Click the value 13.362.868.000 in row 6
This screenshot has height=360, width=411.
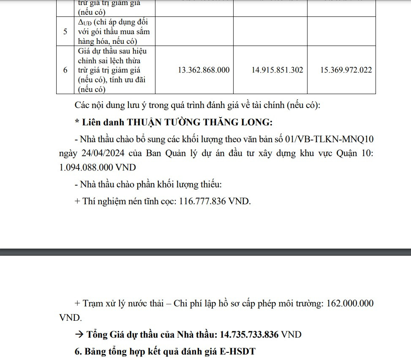point(204,70)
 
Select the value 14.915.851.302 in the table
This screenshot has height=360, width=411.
point(277,70)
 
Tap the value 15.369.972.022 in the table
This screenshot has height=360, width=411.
point(346,70)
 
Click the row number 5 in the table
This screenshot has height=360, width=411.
point(65,31)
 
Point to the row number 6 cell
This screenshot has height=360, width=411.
point(65,70)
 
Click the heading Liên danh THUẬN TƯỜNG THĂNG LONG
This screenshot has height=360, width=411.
point(174,122)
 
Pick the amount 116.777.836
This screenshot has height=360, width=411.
point(203,201)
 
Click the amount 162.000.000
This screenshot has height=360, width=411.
point(350,303)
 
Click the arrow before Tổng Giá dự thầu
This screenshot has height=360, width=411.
point(79,335)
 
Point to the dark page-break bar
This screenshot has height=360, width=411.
point(205,252)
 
